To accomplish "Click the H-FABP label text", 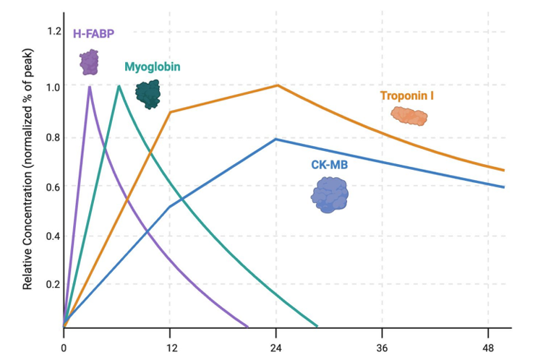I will click(93, 33).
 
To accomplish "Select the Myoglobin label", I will click(152, 67).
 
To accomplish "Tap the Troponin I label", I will click(406, 95).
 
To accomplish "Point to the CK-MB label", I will click(330, 165).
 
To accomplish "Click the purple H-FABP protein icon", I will click(89, 62).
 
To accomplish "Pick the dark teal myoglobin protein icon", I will click(148, 94).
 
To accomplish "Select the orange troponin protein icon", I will click(409, 116).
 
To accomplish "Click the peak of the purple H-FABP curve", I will click(89, 87).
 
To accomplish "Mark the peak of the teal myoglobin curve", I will click(119, 86).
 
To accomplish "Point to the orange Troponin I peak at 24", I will click(277, 85).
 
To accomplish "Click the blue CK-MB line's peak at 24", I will click(276, 139).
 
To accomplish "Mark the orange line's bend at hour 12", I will click(170, 112).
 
